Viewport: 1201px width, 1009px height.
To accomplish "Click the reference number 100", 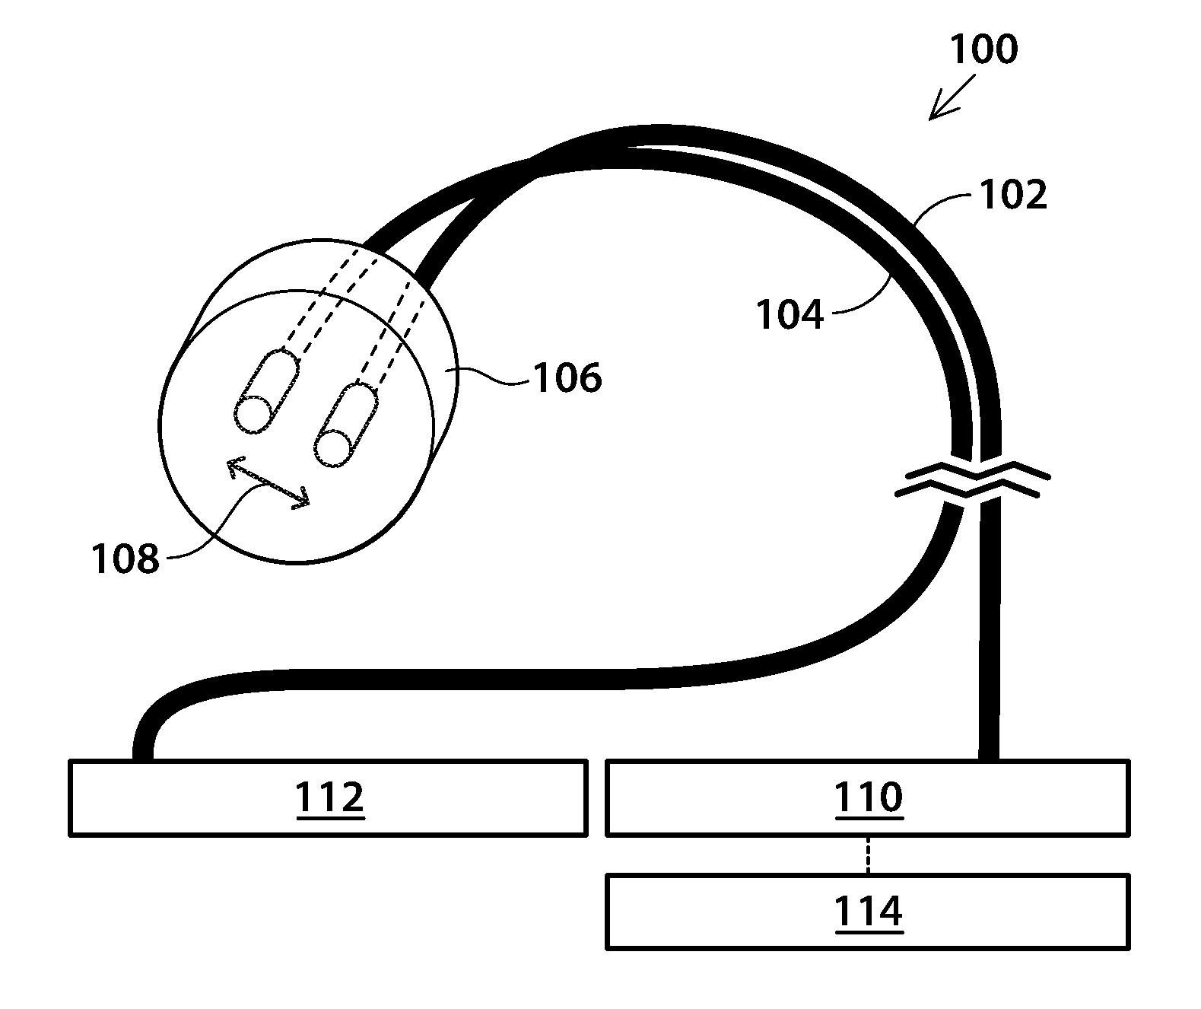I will point(983,49).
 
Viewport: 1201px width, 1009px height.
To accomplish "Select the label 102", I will point(1013,196).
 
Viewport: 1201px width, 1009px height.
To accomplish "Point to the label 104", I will point(790,314).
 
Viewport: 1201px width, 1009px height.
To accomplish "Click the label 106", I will point(567,377).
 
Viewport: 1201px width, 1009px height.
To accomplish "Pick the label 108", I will point(126,558).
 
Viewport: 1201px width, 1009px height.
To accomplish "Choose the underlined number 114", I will point(869,912).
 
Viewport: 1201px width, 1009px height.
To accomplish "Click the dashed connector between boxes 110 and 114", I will point(868,855).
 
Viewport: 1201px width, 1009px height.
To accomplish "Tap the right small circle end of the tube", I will point(332,447).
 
